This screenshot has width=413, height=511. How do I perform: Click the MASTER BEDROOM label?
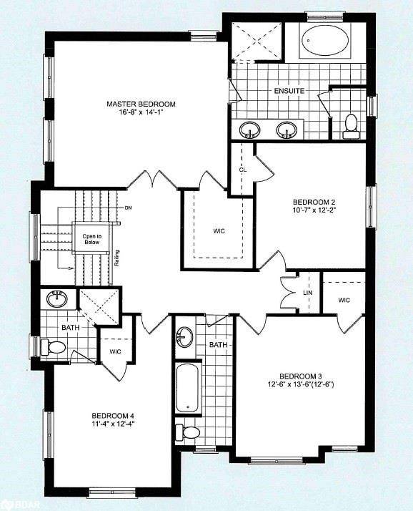coord(141,104)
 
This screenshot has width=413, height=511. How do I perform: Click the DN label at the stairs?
coord(128,208)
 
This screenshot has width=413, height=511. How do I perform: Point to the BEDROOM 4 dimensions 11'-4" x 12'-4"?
coord(112,424)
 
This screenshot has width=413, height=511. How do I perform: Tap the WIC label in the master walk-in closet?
coord(219,231)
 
